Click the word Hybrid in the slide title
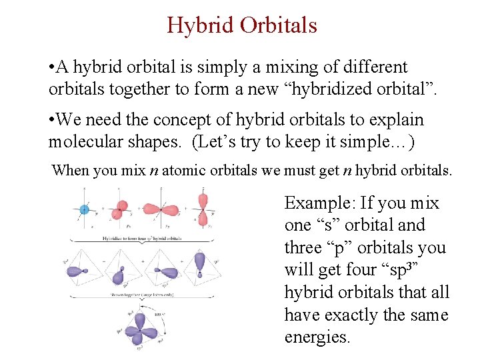click(x=200, y=25)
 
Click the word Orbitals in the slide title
click(x=278, y=25)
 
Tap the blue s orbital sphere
click(x=84, y=209)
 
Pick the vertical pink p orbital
click(x=204, y=209)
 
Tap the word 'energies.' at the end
click(x=317, y=337)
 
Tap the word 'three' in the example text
click(x=303, y=247)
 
